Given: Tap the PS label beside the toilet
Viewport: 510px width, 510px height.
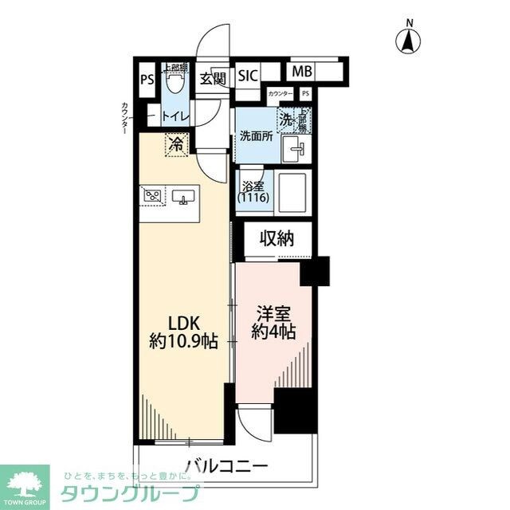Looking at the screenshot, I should [146, 79].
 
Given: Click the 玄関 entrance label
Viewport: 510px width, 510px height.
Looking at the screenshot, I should [213, 77].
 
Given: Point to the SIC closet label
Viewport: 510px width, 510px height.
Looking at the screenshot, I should [248, 76].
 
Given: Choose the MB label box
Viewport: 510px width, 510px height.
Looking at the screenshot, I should [301, 72].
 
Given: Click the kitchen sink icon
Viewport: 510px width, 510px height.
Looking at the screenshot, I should [184, 197].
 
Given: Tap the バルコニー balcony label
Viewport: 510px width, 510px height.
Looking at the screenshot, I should [227, 465].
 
